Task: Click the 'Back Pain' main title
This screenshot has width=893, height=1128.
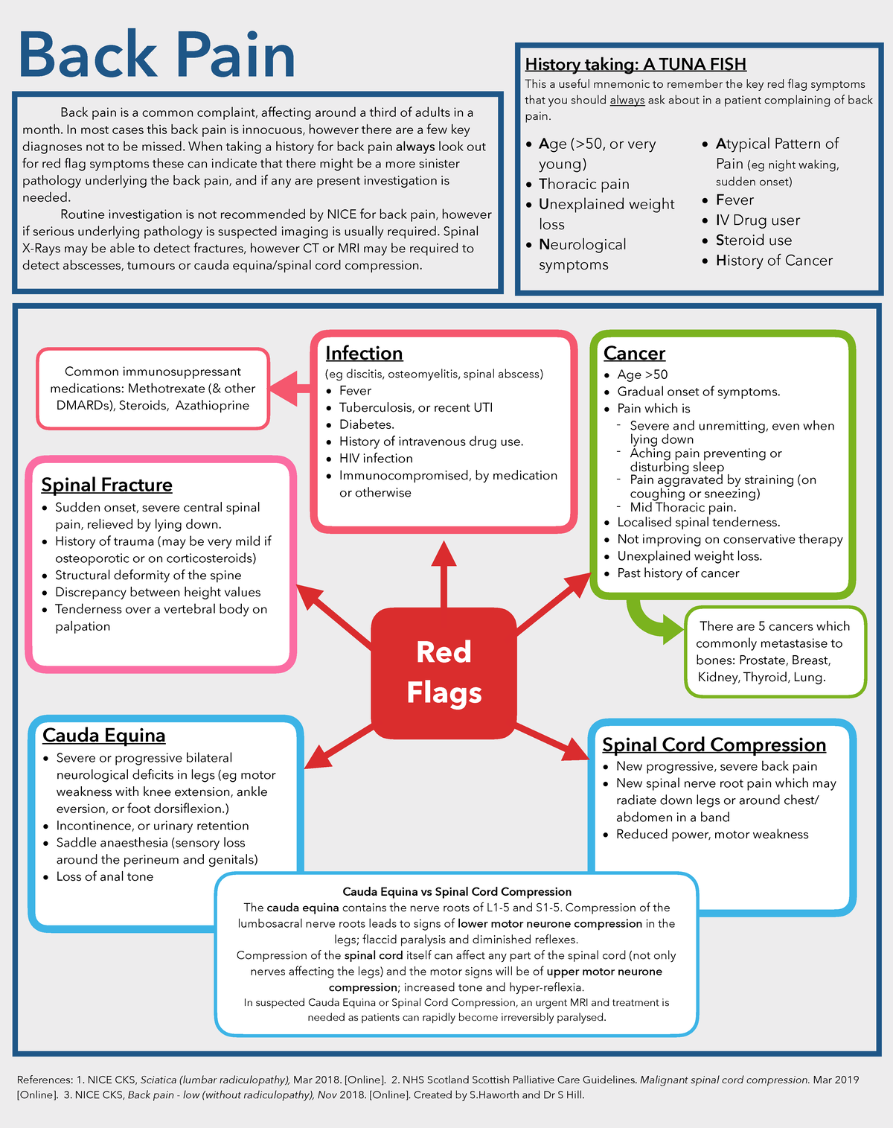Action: coord(156,55)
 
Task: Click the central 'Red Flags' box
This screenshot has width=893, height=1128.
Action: coord(444,672)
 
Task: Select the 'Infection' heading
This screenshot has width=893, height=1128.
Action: coord(364,353)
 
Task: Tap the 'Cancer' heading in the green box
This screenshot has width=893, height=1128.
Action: coord(634,353)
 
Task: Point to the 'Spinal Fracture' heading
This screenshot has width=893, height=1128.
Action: coord(106,485)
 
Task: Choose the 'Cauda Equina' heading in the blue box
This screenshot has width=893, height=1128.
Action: coord(103,735)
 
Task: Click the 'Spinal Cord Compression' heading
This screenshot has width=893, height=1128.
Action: coord(714,745)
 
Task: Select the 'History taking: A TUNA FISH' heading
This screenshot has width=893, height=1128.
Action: coord(636,64)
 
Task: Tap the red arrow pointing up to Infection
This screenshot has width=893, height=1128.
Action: coord(444,573)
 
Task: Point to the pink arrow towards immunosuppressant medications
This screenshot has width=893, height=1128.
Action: coord(291,387)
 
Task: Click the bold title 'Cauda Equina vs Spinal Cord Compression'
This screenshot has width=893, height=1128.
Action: coord(457,891)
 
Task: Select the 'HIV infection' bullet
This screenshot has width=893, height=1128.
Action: coord(376,459)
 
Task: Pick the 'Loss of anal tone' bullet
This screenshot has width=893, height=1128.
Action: coord(105,876)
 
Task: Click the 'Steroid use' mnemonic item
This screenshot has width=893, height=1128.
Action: coord(753,240)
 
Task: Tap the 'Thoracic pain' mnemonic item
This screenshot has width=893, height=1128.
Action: coord(583,184)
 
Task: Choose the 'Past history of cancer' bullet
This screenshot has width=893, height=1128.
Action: coord(678,573)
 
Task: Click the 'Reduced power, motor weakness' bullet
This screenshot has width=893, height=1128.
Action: coord(712,835)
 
